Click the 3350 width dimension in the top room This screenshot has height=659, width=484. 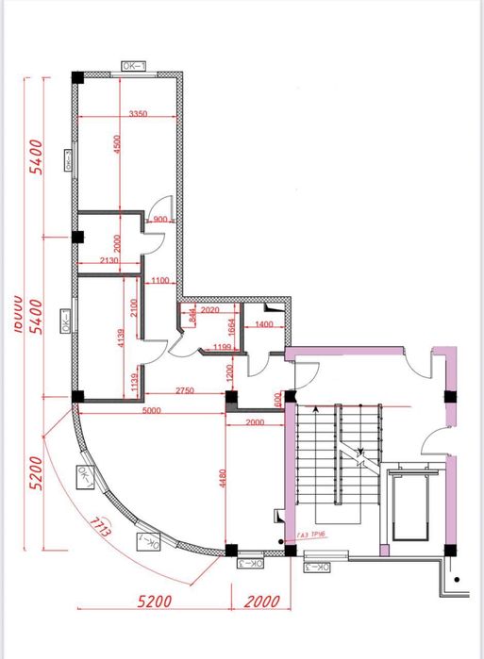click(139, 113)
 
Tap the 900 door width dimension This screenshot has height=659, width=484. click(159, 220)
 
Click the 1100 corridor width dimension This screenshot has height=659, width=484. click(159, 281)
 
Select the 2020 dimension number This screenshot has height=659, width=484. click(209, 310)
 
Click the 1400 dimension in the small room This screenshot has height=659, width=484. click(263, 324)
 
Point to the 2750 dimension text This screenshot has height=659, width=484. click(183, 389)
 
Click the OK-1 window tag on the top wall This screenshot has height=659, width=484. click(132, 66)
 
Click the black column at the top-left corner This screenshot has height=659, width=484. click(77, 76)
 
